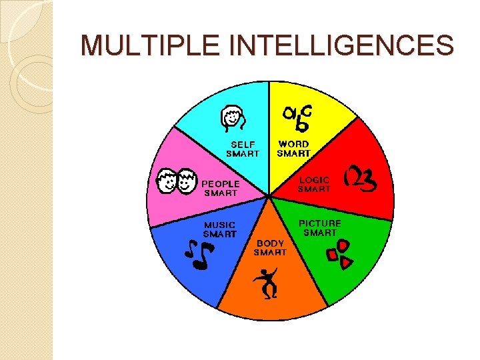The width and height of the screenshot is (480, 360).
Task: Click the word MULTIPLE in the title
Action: (137, 45)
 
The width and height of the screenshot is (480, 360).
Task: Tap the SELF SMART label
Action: (243, 149)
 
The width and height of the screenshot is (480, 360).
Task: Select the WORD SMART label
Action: (294, 149)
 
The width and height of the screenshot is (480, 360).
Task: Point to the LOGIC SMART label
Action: (314, 184)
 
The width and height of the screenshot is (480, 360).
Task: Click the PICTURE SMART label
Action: (320, 228)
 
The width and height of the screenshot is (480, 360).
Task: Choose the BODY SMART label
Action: (270, 248)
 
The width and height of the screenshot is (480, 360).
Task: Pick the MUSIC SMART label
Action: (219, 229)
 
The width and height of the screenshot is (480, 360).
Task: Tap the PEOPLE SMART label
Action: (221, 188)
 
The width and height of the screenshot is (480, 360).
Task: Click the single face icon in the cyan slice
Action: (233, 120)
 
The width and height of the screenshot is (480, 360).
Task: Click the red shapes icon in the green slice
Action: (338, 255)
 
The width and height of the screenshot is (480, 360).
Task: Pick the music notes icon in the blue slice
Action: (199, 255)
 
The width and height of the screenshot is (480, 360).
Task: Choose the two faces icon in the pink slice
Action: (176, 181)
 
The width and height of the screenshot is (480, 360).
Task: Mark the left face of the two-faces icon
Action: (167, 181)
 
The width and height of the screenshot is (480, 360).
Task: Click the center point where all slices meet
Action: (269, 196)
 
